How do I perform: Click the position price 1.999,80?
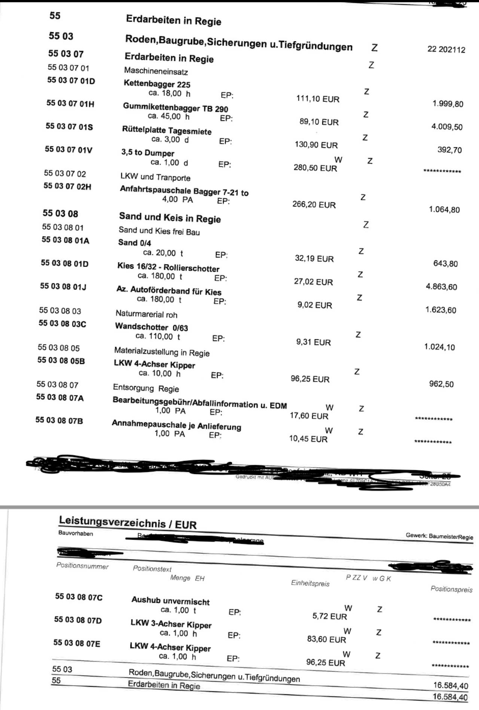click(448, 104)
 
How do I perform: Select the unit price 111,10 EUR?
click(318, 99)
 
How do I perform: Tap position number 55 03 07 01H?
click(70, 103)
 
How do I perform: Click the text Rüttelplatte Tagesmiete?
click(167, 131)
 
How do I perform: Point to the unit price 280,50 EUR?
click(315, 168)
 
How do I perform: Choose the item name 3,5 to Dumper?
click(148, 153)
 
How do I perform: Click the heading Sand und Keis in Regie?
click(170, 218)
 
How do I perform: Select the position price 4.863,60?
click(441, 287)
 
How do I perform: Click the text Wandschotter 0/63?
click(151, 327)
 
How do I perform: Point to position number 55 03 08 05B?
click(61, 361)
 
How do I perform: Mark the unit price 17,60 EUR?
click(309, 416)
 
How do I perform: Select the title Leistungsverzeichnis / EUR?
click(128, 522)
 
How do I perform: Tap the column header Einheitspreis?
click(310, 583)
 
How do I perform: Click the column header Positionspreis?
click(451, 589)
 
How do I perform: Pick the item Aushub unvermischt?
click(170, 601)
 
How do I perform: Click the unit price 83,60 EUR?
click(326, 639)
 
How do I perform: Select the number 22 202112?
click(446, 49)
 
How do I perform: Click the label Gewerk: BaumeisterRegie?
click(439, 536)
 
